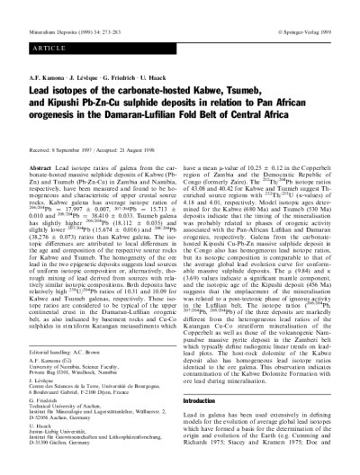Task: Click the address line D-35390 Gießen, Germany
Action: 59,442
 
